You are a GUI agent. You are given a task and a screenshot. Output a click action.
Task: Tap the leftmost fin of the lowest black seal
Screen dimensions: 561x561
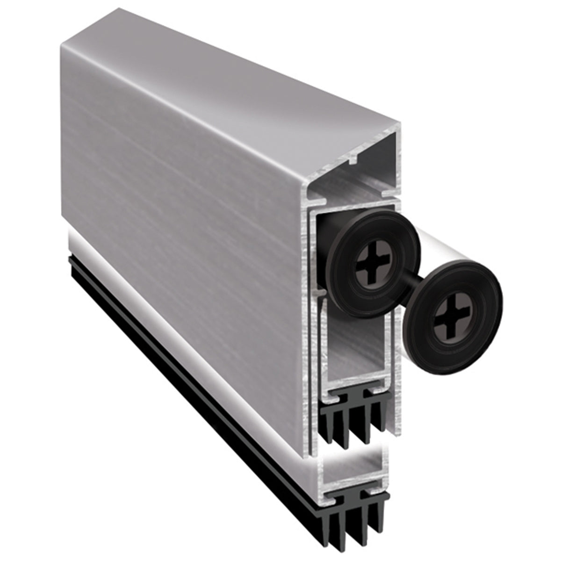click(333, 528)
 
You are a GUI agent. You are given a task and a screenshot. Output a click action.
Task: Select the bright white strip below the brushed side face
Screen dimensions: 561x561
click(187, 337)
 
